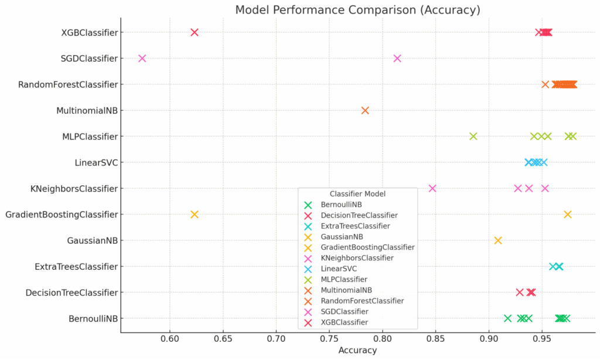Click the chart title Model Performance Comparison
tap(357, 10)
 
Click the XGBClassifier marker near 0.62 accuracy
tap(195, 32)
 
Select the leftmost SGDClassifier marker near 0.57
tap(142, 58)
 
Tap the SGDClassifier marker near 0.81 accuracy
tap(397, 58)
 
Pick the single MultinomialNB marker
tap(365, 110)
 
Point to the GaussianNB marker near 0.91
tap(498, 240)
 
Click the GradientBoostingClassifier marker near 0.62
tap(195, 215)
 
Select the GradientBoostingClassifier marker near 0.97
tap(567, 215)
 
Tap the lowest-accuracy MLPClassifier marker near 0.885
tap(473, 136)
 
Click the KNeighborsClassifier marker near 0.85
tap(432, 188)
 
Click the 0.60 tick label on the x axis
tap(169, 339)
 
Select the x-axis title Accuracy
tap(357, 351)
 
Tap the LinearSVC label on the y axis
tap(96, 162)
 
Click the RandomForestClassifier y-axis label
tap(68, 84)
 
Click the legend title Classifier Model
tap(357, 194)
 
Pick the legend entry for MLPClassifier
tap(348, 279)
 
